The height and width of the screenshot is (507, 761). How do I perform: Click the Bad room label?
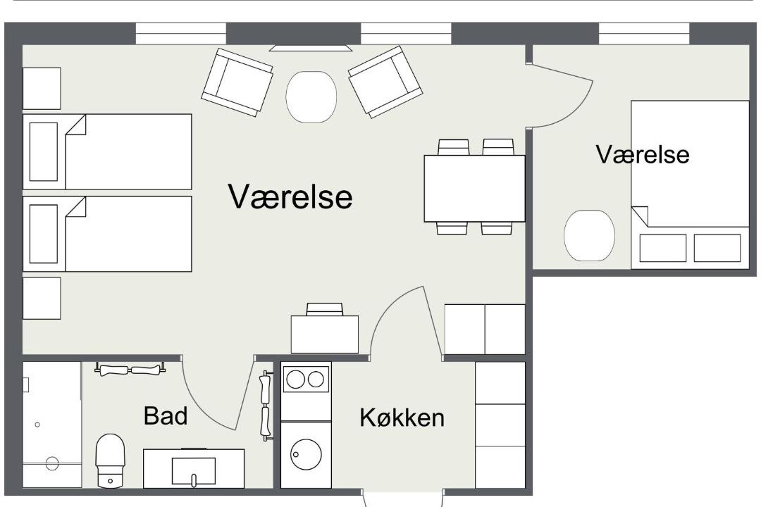tap(166, 415)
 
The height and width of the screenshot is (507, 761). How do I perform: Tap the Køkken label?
tap(402, 418)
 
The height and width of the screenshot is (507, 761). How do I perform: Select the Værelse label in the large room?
tap(290, 196)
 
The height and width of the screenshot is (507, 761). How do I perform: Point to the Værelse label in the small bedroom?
tap(643, 154)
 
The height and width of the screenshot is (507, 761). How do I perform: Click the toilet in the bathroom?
tap(110, 461)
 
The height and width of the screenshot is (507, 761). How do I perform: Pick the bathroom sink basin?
tap(194, 470)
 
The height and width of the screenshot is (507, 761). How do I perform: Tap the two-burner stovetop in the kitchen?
tap(306, 379)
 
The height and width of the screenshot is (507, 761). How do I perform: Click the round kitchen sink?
tap(306, 455)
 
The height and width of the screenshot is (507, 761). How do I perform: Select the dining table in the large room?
tap(474, 188)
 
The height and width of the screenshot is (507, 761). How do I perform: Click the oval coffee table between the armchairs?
tap(311, 96)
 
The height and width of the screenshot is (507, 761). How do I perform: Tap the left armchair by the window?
tap(237, 82)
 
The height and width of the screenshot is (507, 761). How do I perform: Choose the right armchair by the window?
tap(385, 82)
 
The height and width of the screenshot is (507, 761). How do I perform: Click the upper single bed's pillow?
tap(44, 151)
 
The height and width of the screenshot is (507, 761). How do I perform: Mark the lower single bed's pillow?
tap(44, 233)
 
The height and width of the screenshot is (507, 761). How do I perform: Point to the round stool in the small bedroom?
tap(589, 235)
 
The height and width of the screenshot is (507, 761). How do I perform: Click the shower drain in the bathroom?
tap(52, 463)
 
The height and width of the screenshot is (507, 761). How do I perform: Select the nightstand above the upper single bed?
tap(42, 88)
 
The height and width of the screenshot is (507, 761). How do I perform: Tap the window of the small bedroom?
tap(644, 34)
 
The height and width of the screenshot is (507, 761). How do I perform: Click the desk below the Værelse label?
tap(325, 334)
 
